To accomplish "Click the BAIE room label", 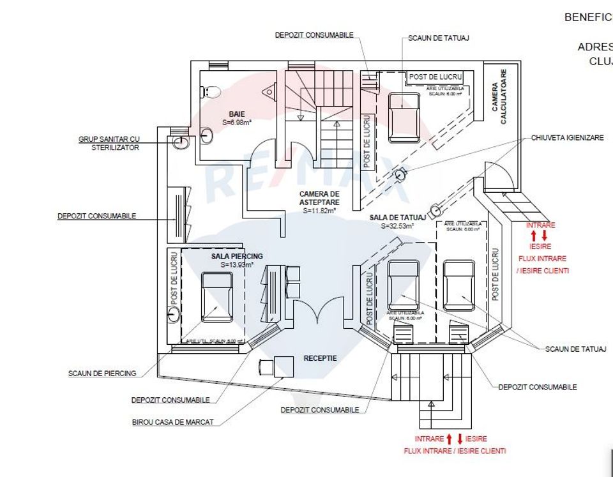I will point(237,114).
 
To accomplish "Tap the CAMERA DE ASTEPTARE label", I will point(319,197).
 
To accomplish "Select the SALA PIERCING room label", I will point(237,256).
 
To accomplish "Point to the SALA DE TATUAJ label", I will point(397,218).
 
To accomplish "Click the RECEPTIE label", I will point(320,358).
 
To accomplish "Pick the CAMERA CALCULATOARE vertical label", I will point(499,97).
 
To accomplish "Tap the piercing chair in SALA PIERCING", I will point(217,297).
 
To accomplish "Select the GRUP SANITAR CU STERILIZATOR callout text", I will point(109,142).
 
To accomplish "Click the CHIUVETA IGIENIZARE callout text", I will point(566,138).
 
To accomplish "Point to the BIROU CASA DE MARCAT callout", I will point(172,421).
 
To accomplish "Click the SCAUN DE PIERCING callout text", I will point(102,373).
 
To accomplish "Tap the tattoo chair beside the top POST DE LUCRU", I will point(404,117).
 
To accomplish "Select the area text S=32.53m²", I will point(397,226).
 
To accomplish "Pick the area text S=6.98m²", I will point(237,121).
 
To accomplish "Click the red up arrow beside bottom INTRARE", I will point(449,439).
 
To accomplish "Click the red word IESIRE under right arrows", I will point(540,246).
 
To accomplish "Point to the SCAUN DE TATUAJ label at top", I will point(439,38).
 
